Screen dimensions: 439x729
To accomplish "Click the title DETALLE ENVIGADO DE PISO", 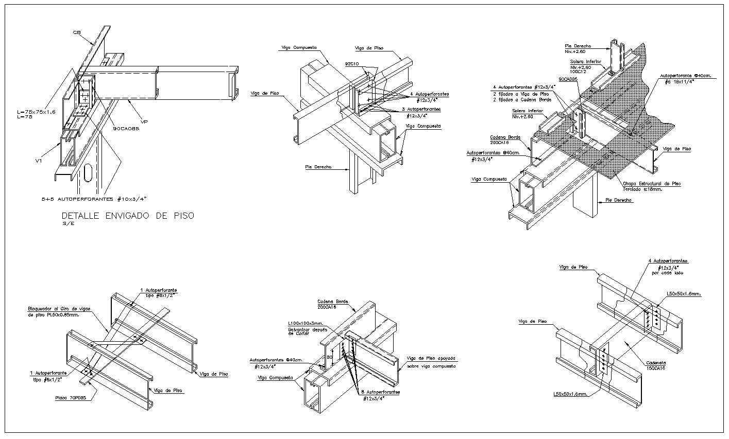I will click(128, 216).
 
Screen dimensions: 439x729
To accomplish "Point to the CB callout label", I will click(77, 32).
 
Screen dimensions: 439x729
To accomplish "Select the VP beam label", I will click(145, 122).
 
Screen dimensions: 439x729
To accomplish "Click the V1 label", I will click(39, 161).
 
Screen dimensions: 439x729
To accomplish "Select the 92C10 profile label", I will click(352, 64).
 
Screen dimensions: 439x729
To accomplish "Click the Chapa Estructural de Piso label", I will click(652, 183).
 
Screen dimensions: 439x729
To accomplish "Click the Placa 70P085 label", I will click(70, 398).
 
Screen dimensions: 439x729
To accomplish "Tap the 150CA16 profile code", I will click(655, 368).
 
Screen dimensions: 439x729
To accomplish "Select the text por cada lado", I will click(667, 273).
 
